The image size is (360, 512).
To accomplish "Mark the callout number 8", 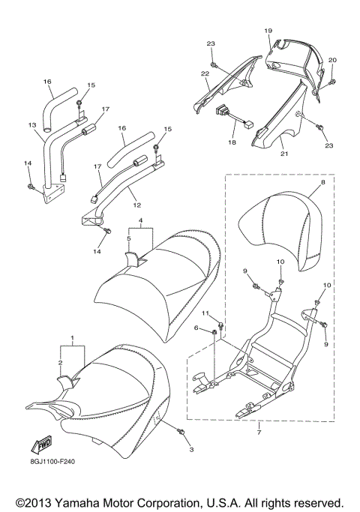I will pos(322,182).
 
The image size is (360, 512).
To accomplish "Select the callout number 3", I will pos(191,449).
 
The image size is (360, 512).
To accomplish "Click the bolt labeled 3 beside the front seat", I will pos(182,433).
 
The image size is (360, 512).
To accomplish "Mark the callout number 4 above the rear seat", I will pos(139,221).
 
